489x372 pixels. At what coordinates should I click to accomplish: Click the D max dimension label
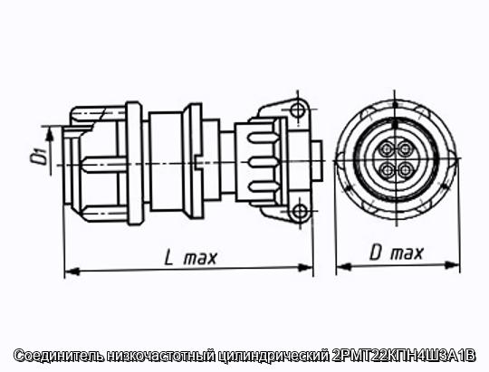click(397, 253)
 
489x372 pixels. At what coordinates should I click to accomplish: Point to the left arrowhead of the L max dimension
click(72, 272)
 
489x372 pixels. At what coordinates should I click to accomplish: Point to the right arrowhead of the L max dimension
click(305, 268)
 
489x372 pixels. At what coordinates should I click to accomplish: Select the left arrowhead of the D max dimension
click(344, 267)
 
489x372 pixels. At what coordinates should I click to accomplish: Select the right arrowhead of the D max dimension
click(452, 265)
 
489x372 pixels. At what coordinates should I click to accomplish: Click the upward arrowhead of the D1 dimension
click(49, 135)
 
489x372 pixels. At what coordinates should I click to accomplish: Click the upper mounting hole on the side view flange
click(297, 110)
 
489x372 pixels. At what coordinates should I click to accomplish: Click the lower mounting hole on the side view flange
click(301, 212)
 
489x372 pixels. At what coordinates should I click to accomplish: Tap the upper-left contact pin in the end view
click(387, 148)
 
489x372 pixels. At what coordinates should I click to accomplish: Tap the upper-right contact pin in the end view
click(405, 148)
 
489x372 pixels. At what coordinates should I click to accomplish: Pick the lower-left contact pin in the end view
click(388, 170)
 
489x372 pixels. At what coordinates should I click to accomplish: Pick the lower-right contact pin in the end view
click(406, 170)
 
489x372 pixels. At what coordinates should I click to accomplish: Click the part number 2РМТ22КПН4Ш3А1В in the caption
click(404, 356)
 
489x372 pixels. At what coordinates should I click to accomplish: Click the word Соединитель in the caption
click(58, 356)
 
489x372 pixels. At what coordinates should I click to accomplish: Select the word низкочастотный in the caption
click(160, 356)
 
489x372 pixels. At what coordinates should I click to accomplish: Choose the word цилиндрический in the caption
click(273, 356)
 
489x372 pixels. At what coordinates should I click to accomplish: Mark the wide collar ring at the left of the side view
click(135, 163)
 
